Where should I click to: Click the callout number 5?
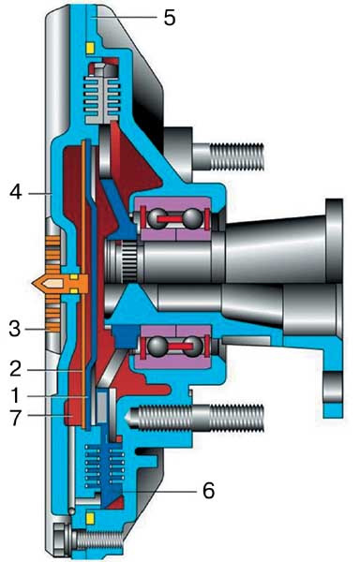pos(170,18)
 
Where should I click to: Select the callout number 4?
pos(16,192)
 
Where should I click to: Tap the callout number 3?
pos(15,329)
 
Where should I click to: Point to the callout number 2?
pos(15,369)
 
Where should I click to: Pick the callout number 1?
pos(15,395)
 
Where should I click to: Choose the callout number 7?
pos(15,419)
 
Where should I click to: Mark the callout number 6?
pos(209,490)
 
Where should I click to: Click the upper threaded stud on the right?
pos(229,156)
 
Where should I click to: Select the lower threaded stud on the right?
pos(195,418)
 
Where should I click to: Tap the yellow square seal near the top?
pos(90,48)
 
